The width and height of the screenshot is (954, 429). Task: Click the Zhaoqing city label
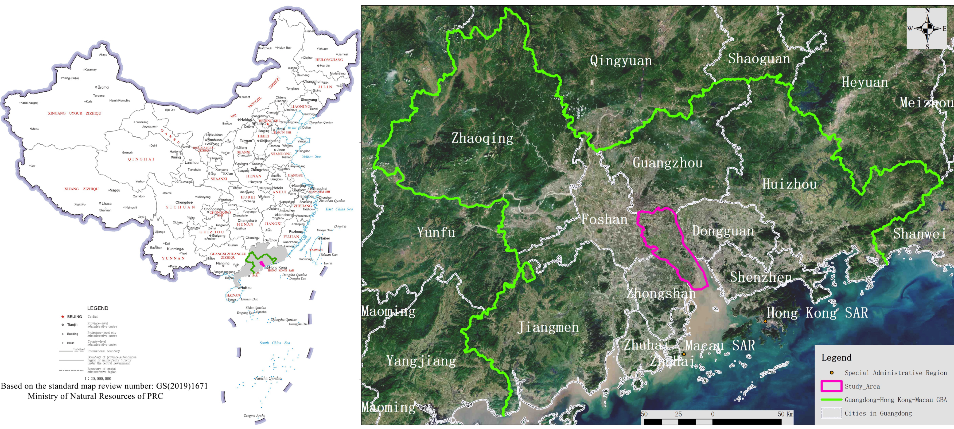(x=482, y=138)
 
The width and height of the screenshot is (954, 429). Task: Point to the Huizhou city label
(x=789, y=184)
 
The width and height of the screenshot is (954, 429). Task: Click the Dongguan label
(x=723, y=231)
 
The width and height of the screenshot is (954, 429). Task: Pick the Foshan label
(x=604, y=219)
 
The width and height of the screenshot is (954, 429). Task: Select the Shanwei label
(x=919, y=234)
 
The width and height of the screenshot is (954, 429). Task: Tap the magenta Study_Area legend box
(x=831, y=386)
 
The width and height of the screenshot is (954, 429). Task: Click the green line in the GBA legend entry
(x=831, y=400)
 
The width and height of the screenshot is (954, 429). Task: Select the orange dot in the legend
(x=831, y=373)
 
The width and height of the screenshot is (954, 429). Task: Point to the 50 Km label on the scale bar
(x=785, y=414)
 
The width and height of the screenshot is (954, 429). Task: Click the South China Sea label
(x=274, y=343)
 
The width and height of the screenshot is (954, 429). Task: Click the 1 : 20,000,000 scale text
(x=98, y=378)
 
